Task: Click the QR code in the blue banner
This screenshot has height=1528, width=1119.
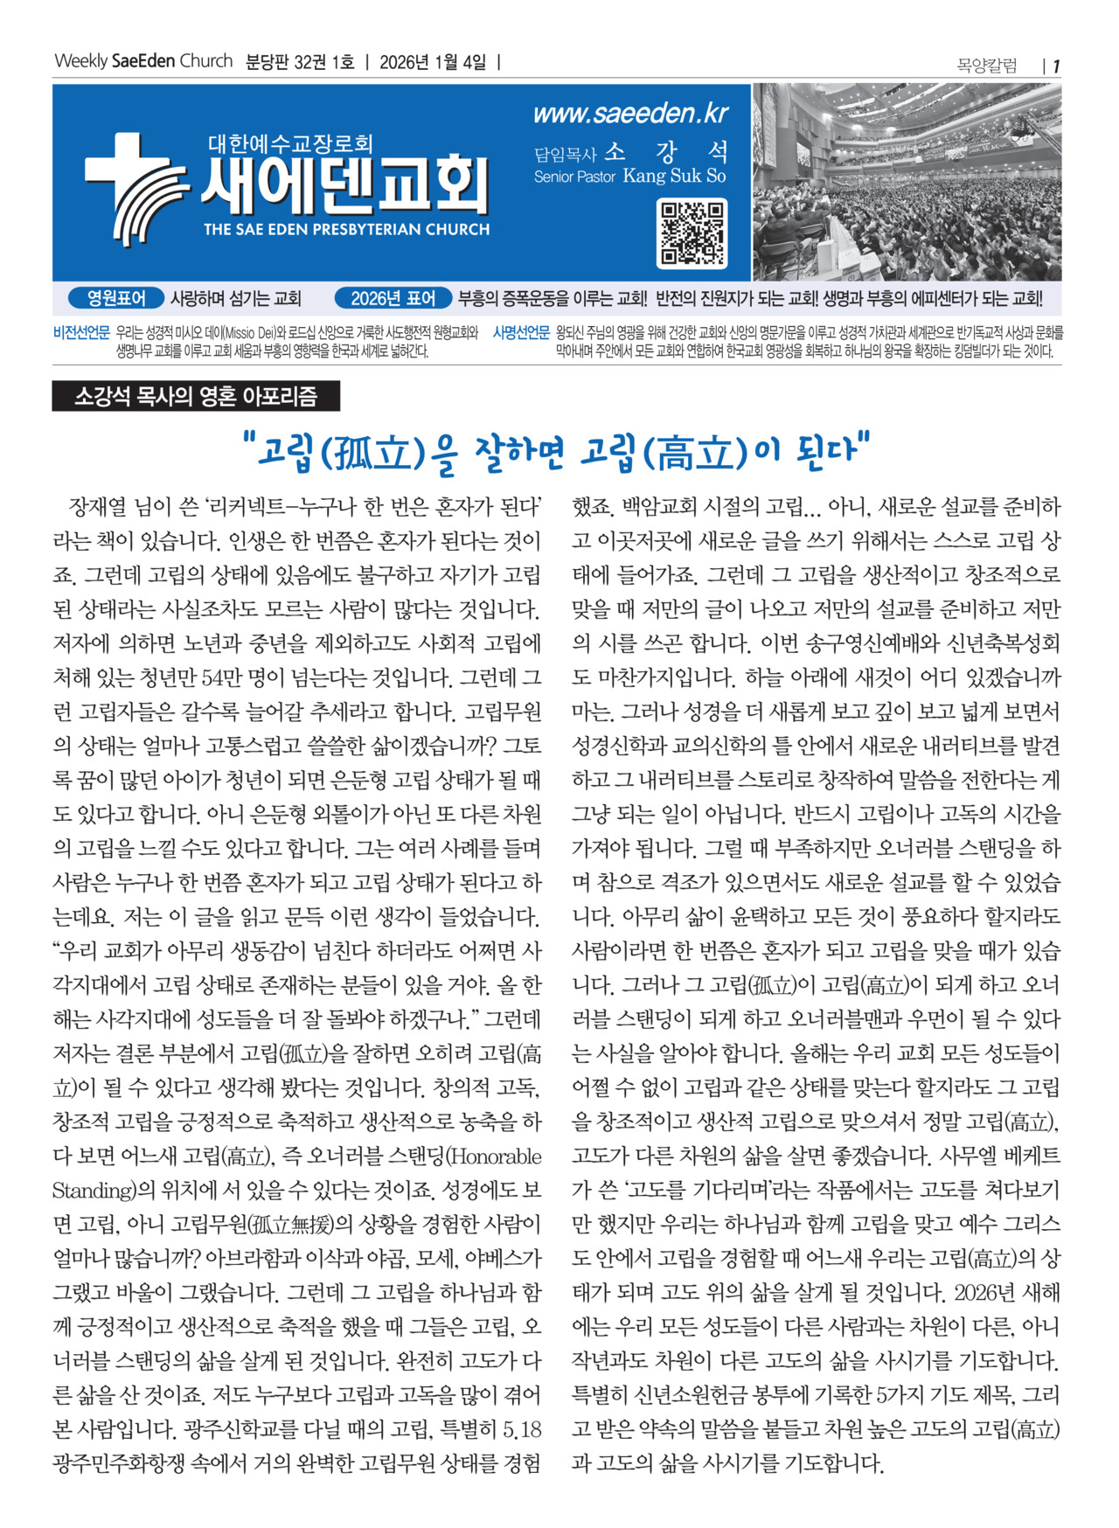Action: [692, 233]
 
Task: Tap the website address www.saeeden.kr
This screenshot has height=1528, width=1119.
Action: [630, 114]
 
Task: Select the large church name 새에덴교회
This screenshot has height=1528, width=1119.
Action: [345, 185]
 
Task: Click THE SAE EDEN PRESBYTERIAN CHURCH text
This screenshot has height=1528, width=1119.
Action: [346, 230]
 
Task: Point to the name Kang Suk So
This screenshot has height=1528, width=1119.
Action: [674, 176]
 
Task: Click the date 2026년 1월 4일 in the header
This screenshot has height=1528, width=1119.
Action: [433, 62]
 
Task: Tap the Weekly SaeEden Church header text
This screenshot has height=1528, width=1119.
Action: [143, 61]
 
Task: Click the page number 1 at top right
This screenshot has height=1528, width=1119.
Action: [1056, 66]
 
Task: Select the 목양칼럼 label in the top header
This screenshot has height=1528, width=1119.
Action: [987, 66]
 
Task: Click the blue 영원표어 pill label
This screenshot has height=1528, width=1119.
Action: [117, 298]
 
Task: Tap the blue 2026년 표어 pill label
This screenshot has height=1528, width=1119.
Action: [393, 298]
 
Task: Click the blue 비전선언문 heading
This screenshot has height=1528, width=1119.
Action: [81, 333]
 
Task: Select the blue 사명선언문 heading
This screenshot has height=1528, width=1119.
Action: [521, 333]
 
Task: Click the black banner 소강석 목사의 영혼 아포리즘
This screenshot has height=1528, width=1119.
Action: [196, 397]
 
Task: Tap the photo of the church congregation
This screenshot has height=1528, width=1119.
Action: [907, 182]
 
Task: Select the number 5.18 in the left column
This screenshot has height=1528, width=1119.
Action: [521, 1430]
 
